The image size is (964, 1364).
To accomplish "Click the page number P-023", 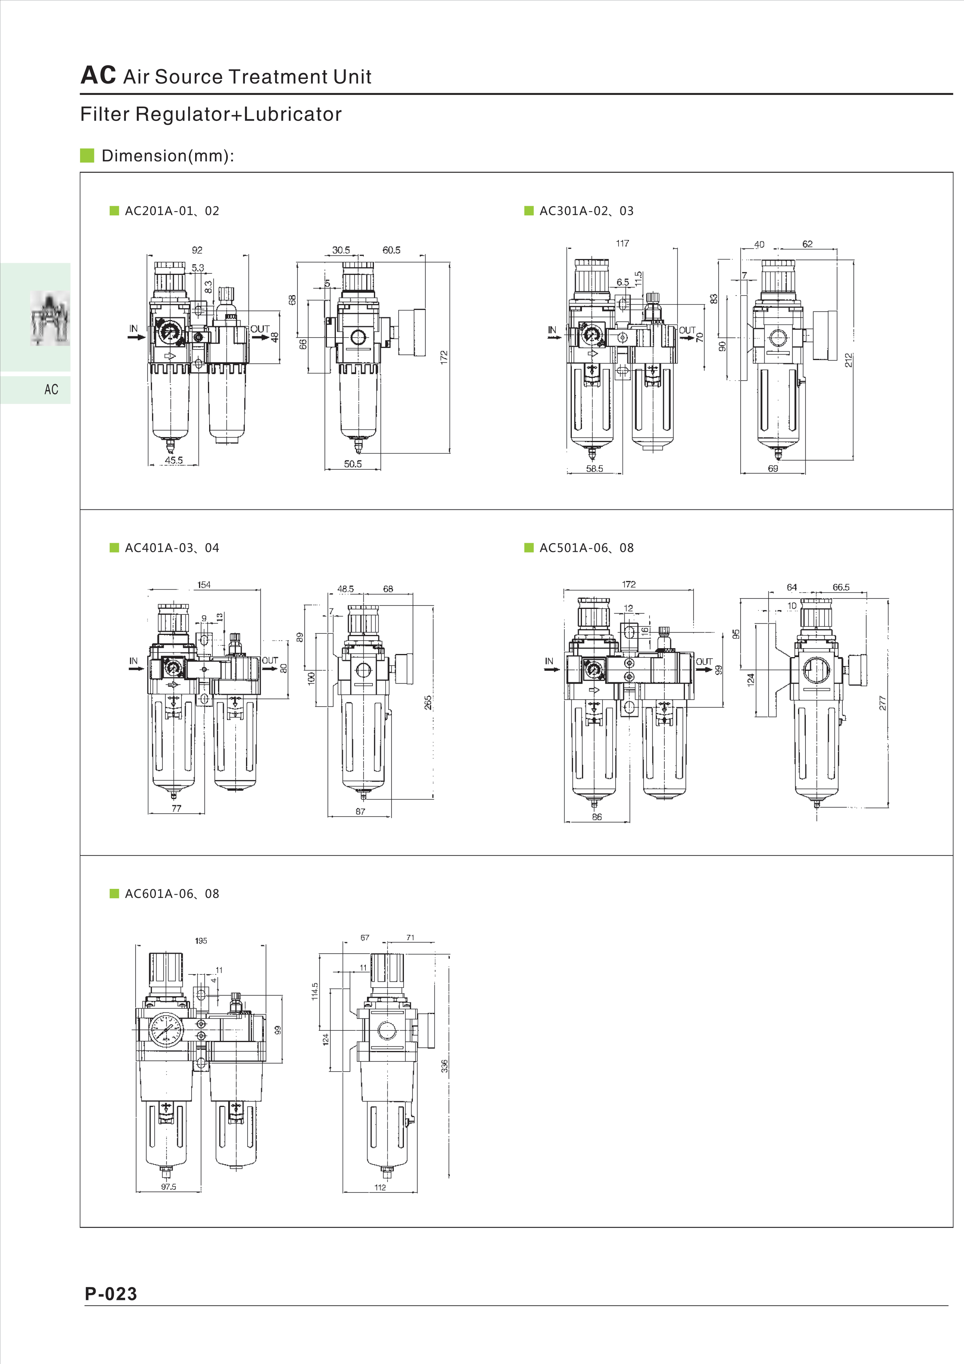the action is (111, 1293).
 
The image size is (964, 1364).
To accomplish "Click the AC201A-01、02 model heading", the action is (172, 211).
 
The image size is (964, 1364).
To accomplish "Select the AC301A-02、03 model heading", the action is (586, 211).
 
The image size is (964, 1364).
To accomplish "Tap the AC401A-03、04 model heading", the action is (172, 548).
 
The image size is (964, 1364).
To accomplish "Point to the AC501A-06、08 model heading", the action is (586, 548).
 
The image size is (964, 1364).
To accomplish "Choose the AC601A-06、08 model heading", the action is (172, 894).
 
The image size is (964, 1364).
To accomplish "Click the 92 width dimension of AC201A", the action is (197, 250).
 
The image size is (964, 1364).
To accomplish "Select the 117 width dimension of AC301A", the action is (622, 243).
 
